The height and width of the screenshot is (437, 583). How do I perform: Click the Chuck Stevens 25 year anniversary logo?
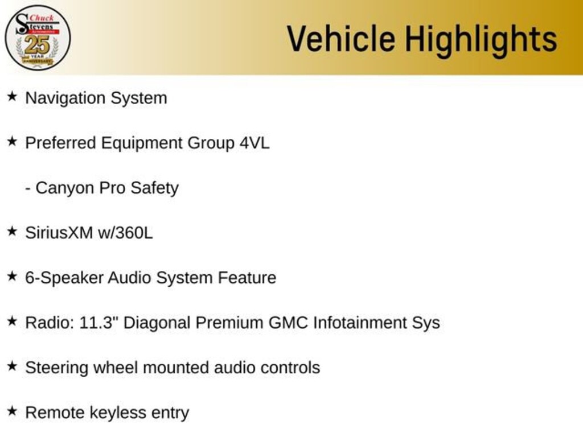point(38,38)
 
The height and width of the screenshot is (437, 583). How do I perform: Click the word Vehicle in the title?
point(340,39)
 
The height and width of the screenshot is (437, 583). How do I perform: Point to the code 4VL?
point(254,143)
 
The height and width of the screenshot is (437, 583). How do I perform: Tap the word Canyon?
point(65,188)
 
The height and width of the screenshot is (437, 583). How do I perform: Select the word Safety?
point(154,188)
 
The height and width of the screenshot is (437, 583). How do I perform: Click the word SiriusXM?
point(59,233)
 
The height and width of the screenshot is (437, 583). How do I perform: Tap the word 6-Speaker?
point(64,278)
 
